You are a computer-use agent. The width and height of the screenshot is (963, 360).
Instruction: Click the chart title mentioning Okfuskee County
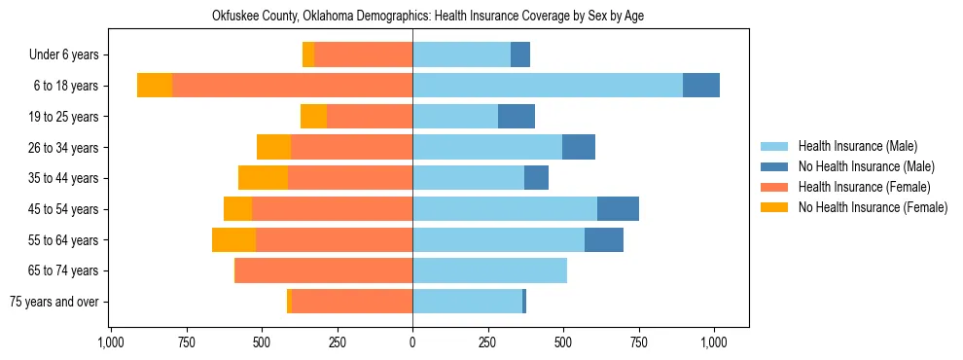click(x=428, y=17)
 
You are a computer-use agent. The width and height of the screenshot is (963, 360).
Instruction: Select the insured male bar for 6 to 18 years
click(x=548, y=86)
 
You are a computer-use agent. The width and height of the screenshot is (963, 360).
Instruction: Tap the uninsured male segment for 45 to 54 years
click(x=618, y=209)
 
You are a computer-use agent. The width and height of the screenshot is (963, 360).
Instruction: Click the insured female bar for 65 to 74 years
click(x=324, y=270)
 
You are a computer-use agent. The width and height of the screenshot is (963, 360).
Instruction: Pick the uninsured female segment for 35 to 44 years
click(x=263, y=178)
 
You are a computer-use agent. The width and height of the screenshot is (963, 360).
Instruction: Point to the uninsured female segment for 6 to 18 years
click(x=155, y=86)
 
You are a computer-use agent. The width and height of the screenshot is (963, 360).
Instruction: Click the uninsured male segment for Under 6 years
click(x=520, y=54)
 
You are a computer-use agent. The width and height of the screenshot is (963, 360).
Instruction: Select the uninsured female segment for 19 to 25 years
click(x=313, y=117)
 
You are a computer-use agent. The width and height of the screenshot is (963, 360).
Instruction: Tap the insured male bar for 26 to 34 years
click(x=487, y=147)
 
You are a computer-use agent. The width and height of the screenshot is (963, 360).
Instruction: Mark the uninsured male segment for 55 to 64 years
click(x=604, y=239)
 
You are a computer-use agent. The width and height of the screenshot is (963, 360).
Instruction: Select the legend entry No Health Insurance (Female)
click(x=873, y=207)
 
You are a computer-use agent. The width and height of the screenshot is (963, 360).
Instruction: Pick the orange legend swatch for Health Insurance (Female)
click(x=775, y=187)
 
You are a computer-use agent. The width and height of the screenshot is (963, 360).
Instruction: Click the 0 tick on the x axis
click(x=412, y=342)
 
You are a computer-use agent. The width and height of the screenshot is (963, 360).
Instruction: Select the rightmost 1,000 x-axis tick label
click(x=714, y=342)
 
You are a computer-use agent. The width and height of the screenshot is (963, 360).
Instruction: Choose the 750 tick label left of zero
click(x=187, y=342)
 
